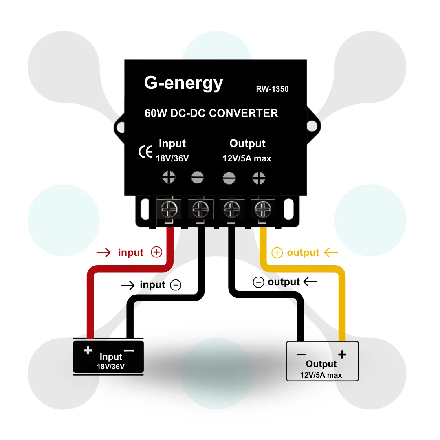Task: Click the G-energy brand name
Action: (183, 84)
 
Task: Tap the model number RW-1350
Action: (272, 89)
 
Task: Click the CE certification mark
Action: (145, 152)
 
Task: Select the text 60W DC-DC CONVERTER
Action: (211, 113)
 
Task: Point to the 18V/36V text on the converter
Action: (172, 158)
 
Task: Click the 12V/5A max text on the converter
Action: (247, 158)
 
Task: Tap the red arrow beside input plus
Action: (103, 253)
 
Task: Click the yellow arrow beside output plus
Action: (331, 253)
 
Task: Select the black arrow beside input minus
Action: (128, 285)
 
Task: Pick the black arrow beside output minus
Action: (310, 282)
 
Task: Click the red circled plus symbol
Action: (156, 252)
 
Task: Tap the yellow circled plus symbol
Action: (277, 253)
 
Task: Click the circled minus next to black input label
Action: (176, 285)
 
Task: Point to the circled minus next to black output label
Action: (258, 282)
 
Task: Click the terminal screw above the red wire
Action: (169, 209)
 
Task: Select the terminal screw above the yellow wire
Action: (263, 209)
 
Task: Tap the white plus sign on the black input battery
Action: (88, 350)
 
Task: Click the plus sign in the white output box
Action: (342, 354)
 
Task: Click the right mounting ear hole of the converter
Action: (312, 126)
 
